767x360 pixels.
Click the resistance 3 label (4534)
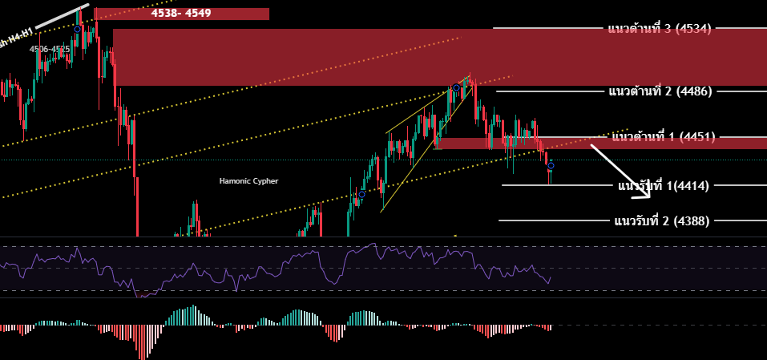click(x=659, y=29)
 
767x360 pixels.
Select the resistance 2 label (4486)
click(x=659, y=91)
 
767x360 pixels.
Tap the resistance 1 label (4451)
click(x=663, y=137)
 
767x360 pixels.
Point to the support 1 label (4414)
click(x=663, y=187)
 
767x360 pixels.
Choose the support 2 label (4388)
click(x=661, y=220)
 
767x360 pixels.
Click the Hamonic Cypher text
click(x=248, y=181)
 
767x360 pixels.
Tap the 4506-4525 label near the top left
click(x=50, y=50)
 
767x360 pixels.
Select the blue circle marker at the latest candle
click(x=551, y=166)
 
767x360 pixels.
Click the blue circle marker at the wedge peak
click(x=456, y=87)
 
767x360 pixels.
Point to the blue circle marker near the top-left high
click(x=77, y=29)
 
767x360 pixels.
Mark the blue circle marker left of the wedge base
click(x=361, y=194)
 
